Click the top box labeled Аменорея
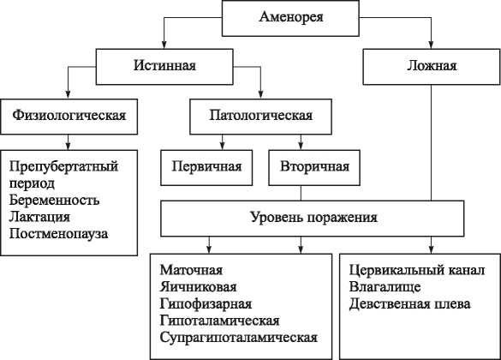(x=291, y=17)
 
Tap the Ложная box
(x=433, y=65)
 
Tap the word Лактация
(x=40, y=216)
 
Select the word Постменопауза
(x=60, y=232)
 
